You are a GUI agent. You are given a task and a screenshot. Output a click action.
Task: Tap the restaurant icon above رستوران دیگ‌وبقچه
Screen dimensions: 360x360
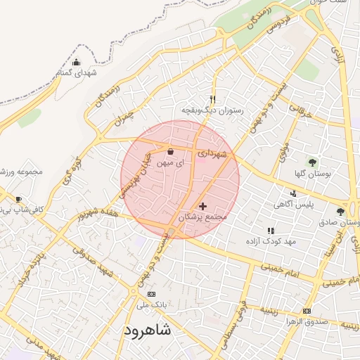click(x=214, y=99)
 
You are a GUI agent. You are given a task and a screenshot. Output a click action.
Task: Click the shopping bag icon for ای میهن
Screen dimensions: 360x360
click(x=170, y=151)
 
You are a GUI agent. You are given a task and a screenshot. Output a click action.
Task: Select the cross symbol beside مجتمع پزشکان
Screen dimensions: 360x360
click(x=203, y=206)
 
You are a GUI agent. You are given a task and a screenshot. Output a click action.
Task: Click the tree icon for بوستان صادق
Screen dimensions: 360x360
click(x=340, y=211)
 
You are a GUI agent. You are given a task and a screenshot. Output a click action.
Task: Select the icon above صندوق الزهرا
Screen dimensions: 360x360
click(x=306, y=311)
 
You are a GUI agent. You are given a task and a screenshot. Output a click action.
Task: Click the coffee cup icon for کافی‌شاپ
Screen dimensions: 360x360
click(x=18, y=199)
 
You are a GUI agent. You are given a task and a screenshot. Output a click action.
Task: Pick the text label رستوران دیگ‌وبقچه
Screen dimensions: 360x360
click(x=212, y=110)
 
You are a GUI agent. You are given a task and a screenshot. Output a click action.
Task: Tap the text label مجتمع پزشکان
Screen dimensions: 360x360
click(x=205, y=218)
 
